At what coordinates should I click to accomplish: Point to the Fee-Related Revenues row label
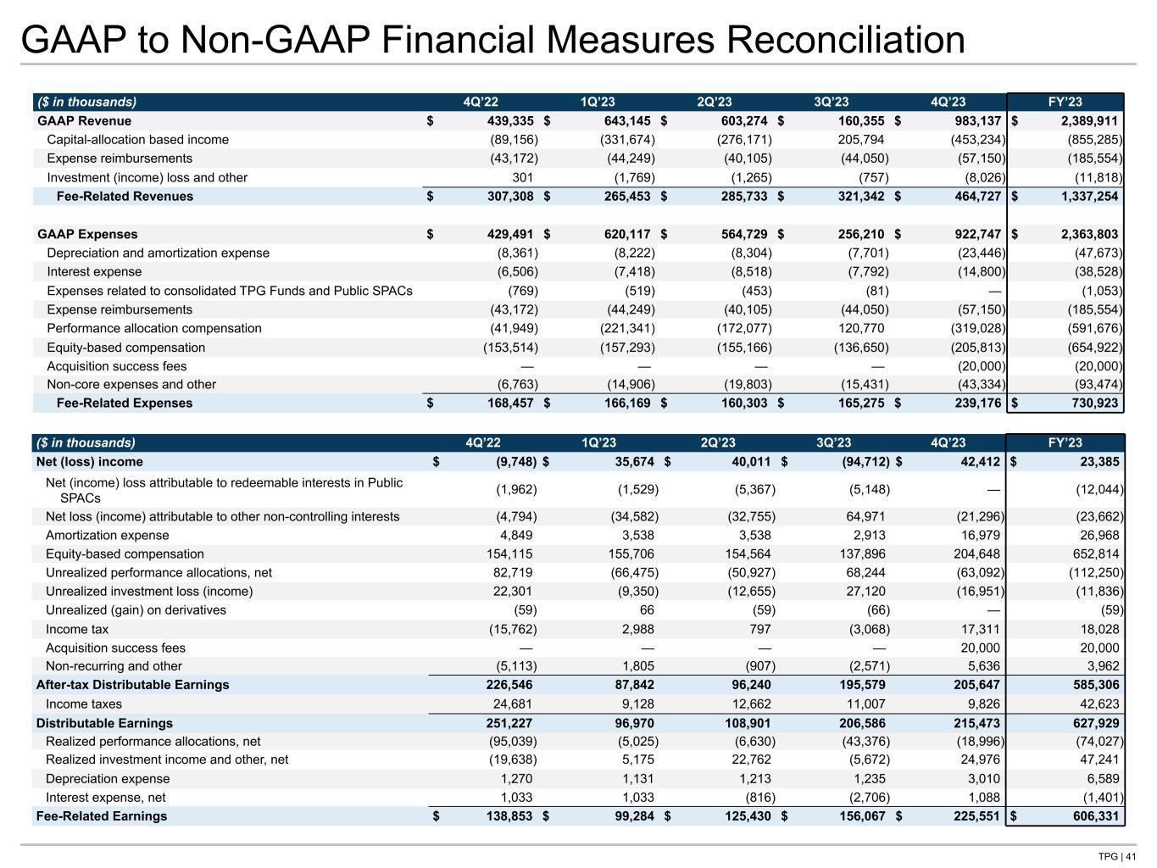pos(125,197)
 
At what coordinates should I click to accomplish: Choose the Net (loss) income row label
pos(89,462)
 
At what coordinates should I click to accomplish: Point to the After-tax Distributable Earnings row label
pos(132,685)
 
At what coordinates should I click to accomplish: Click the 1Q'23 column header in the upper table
pos(598,103)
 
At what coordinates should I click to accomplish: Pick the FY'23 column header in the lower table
pos(1065,443)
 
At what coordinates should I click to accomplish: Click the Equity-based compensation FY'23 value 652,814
pos(1093,554)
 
